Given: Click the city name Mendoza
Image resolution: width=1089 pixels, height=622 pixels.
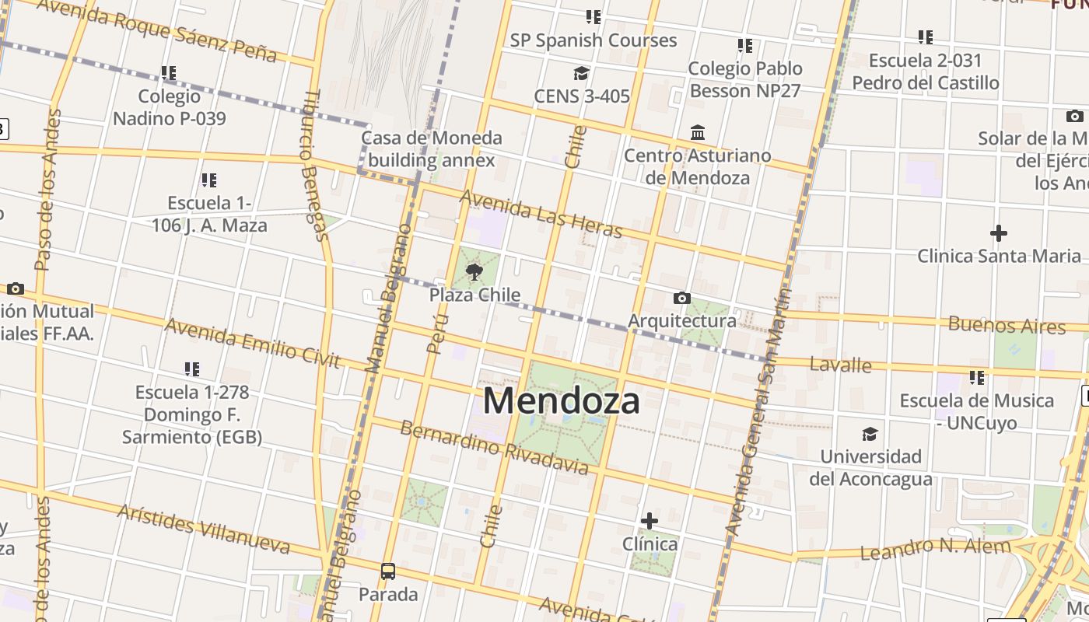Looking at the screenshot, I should click(x=562, y=401).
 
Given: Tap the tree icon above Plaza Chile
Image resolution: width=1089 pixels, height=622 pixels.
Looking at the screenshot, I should click(x=474, y=271).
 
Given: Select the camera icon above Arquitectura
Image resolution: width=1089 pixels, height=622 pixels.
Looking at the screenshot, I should click(x=681, y=298).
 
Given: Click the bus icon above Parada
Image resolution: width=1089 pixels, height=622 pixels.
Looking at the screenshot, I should click(x=387, y=571).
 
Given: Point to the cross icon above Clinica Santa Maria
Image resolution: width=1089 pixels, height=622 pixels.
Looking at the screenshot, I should click(x=998, y=232).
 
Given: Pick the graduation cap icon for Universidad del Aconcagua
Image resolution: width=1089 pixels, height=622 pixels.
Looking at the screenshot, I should click(x=870, y=434).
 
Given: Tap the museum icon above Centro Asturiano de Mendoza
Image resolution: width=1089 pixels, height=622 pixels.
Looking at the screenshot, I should click(x=697, y=132).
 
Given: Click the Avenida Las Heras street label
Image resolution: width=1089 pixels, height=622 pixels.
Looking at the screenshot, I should click(x=541, y=214).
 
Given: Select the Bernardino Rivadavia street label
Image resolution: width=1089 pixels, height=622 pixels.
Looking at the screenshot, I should click(x=494, y=448).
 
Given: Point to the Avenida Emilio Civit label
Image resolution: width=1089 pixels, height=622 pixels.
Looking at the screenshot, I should click(x=252, y=343).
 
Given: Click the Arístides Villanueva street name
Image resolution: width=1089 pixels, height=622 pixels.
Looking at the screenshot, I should click(x=204, y=529).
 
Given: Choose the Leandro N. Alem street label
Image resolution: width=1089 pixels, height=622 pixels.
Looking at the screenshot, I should click(x=935, y=548).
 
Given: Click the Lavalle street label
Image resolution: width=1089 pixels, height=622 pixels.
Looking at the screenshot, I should click(x=840, y=364).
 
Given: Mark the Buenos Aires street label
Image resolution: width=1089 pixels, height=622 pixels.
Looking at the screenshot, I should click(x=1007, y=325).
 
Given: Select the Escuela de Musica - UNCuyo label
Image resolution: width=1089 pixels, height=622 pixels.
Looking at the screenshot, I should click(x=976, y=412).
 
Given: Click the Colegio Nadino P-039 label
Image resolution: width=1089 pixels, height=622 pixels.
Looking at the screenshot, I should click(x=170, y=107).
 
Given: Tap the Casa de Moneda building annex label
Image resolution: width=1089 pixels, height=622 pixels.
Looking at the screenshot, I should click(x=432, y=149).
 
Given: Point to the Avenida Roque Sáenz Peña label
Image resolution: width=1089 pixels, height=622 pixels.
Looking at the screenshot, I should click(x=156, y=30).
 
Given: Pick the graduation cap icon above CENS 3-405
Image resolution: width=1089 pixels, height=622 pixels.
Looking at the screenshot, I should click(x=581, y=74).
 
